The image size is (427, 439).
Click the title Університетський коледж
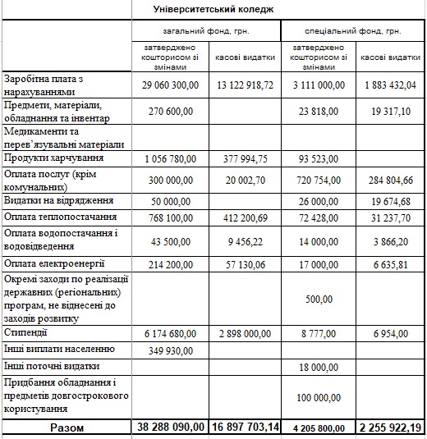[213, 9]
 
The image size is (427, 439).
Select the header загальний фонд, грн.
[207, 31]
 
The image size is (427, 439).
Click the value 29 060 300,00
[172, 85]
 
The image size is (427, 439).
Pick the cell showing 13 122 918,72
[244, 85]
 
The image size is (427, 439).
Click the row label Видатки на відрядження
[57, 200]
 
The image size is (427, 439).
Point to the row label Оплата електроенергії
[55, 264]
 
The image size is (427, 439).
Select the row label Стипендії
[26, 332]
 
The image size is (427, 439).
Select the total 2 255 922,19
[390, 428]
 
